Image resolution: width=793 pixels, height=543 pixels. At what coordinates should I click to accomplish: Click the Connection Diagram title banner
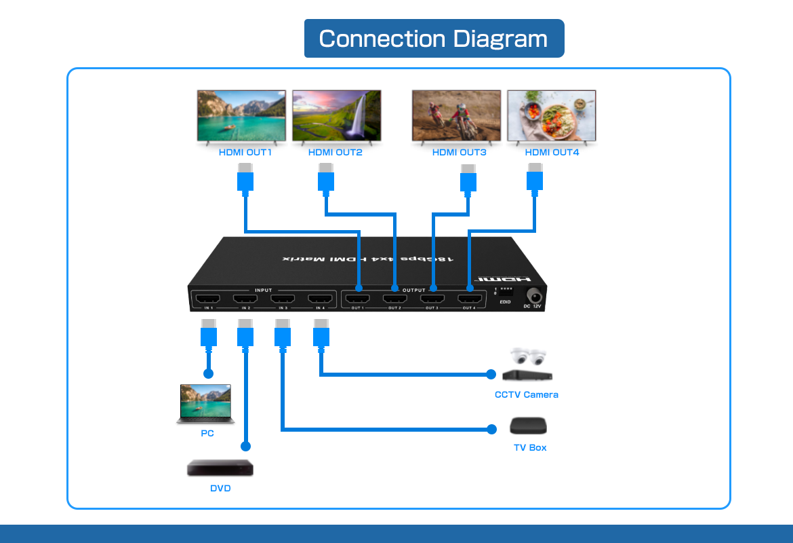coord(434,39)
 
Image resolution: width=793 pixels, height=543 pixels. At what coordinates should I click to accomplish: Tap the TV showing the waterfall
coord(336,116)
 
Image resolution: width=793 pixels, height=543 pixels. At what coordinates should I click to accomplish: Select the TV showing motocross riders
coord(456,116)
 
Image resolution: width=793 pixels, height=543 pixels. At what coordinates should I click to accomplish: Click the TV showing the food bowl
coord(551,116)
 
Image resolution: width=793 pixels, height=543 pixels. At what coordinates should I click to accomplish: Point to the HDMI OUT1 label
coord(245,153)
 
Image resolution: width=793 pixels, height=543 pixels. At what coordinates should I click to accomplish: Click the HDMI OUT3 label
coord(460,153)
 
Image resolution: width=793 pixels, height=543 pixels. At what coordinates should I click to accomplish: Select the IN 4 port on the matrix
coord(318,299)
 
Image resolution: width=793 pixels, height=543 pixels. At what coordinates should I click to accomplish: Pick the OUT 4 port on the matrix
coord(470,299)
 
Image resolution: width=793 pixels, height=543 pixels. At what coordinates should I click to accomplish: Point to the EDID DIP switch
coord(506,291)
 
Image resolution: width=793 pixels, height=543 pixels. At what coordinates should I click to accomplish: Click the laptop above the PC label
coord(205,405)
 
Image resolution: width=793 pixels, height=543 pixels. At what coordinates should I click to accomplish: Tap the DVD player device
coord(220,468)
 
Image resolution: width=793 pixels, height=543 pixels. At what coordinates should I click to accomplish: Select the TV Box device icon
coord(528,426)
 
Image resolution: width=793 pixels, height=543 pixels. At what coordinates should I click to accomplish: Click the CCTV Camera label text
coord(527,395)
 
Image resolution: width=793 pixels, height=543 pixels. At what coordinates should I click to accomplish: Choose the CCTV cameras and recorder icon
coord(527,366)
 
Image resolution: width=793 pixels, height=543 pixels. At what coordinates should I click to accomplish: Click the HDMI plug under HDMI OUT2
coord(326,179)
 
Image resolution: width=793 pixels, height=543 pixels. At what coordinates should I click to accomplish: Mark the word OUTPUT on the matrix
coord(413,291)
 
